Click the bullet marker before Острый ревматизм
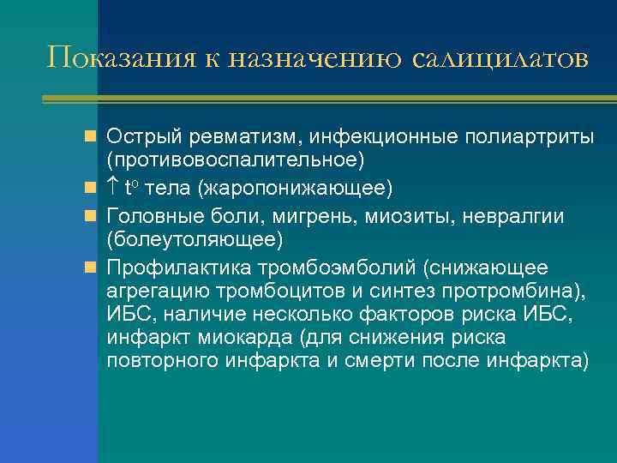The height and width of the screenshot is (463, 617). coord(89,136)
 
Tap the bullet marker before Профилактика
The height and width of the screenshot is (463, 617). coord(89,268)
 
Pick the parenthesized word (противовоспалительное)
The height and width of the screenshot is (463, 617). coord(236,160)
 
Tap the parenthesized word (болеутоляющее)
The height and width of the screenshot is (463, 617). coord(195,238)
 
